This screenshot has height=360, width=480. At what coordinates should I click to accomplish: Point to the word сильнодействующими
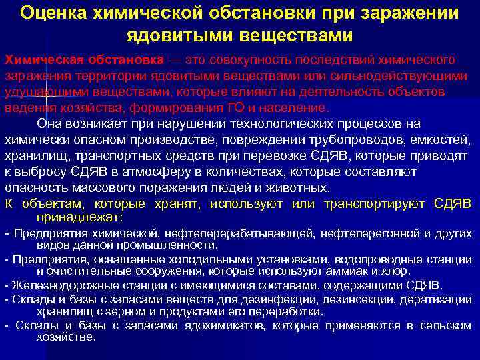[x=401, y=75]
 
